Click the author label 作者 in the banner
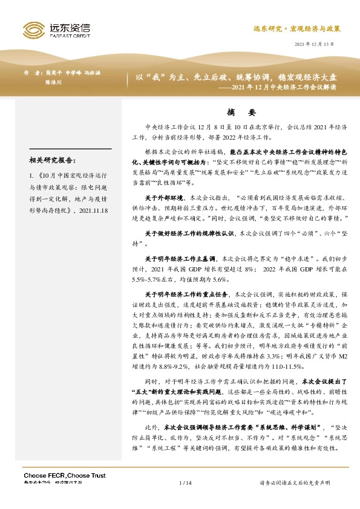[33, 71]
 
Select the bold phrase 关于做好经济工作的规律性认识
[183, 233]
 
